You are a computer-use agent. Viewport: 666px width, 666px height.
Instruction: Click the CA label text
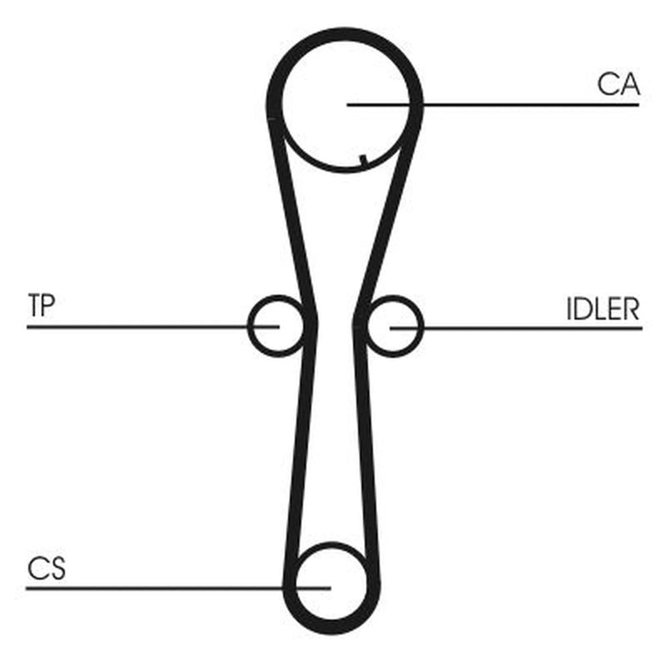click(x=618, y=84)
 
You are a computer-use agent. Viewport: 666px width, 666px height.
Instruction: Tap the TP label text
click(x=41, y=305)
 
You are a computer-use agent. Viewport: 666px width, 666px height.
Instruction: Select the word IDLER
click(x=603, y=309)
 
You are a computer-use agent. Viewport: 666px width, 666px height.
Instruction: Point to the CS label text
click(x=47, y=569)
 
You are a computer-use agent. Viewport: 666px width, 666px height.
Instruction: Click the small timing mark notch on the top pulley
click(x=364, y=160)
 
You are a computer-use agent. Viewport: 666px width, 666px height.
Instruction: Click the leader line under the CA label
click(x=493, y=105)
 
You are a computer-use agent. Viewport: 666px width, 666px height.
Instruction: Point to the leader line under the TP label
click(x=153, y=326)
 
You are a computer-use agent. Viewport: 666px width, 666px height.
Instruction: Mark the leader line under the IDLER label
click(x=516, y=328)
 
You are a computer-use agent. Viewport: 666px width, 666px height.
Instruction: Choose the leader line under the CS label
click(x=178, y=589)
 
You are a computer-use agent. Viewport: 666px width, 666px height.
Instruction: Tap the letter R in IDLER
click(x=630, y=309)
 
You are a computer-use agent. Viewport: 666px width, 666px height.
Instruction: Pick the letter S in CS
click(x=57, y=569)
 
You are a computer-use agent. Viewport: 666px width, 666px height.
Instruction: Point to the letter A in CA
click(x=629, y=84)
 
